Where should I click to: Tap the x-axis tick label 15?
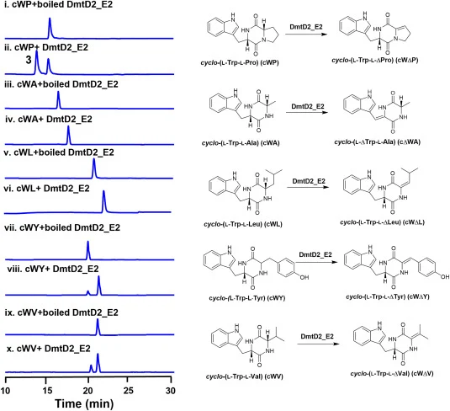click(48, 391)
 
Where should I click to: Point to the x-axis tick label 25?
click(129, 391)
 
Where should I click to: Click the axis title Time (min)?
click(84, 403)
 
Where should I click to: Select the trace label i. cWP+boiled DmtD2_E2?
click(58, 4)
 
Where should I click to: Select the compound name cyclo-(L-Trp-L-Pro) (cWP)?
click(240, 62)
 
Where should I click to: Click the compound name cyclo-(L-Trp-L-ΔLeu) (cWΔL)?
click(382, 222)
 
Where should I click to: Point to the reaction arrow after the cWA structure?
click(307, 112)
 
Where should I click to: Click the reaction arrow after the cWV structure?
click(318, 344)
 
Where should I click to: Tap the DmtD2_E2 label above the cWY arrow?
click(315, 254)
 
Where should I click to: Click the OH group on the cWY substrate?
click(304, 277)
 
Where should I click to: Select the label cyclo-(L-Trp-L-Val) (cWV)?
click(245, 376)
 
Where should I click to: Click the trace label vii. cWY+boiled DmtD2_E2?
click(62, 227)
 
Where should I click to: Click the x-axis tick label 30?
click(171, 391)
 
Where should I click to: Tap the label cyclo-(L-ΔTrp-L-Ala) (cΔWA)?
click(377, 142)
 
